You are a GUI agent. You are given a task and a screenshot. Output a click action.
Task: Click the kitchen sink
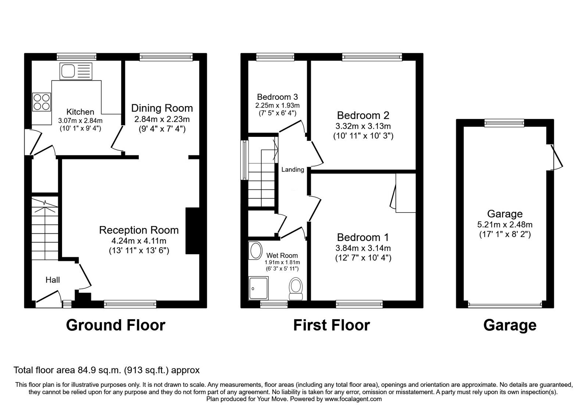(x=76, y=71)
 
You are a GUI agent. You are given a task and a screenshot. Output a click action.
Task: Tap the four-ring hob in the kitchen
(x=42, y=102)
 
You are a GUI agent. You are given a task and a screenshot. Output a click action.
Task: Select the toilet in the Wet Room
(x=296, y=288)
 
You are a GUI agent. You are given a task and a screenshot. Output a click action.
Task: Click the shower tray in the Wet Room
(x=259, y=288)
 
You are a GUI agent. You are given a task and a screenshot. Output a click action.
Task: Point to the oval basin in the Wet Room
(x=255, y=251)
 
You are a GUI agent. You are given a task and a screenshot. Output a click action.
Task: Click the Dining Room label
(x=162, y=108)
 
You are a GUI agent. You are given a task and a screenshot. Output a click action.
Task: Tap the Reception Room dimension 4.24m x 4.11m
(x=139, y=241)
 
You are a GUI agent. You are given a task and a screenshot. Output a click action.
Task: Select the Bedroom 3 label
(x=277, y=97)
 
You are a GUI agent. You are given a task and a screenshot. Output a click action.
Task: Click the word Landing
(x=293, y=170)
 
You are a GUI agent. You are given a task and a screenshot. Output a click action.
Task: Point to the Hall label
(x=53, y=280)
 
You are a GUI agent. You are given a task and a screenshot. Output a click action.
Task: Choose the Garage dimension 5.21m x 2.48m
(x=505, y=224)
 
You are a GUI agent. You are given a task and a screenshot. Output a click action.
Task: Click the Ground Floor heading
(x=115, y=325)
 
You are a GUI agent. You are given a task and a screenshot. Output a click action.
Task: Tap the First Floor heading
(x=331, y=325)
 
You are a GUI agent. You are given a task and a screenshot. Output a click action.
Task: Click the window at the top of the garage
(x=504, y=123)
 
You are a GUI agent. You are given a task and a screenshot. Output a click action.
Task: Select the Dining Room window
(x=166, y=57)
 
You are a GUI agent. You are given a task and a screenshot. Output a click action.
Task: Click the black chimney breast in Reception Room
(x=193, y=231)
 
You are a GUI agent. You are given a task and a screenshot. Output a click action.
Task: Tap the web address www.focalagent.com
(x=353, y=399)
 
